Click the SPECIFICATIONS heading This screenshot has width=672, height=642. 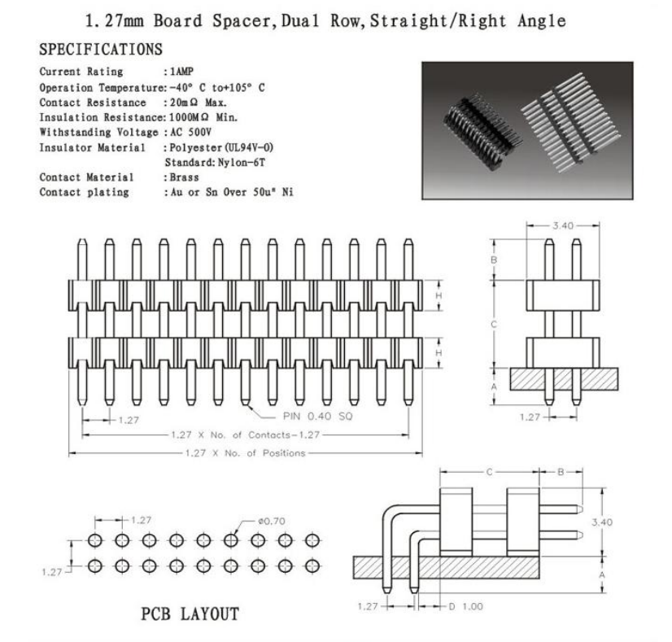click(101, 50)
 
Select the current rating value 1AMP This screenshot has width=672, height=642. click(181, 72)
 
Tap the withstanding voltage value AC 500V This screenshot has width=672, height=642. click(190, 132)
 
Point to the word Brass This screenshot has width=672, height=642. click(185, 177)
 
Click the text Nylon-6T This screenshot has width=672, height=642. click(242, 163)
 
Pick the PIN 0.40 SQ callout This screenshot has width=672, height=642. click(317, 416)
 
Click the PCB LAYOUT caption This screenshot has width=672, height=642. click(190, 614)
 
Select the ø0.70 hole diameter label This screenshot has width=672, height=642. click(271, 521)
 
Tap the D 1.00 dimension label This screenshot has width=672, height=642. click(465, 606)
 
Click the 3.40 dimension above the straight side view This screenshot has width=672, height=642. click(562, 225)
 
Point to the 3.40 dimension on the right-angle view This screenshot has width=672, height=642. click(602, 522)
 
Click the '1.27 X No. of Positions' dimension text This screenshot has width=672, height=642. click(245, 453)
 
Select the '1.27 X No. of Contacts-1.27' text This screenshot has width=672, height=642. click(246, 435)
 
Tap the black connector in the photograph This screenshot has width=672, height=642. click(482, 132)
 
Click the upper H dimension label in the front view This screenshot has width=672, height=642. click(439, 295)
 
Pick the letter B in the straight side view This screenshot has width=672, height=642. click(494, 260)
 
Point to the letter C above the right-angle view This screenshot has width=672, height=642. click(490, 472)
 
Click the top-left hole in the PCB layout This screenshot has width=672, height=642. click(95, 540)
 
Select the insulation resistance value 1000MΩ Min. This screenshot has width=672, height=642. click(203, 117)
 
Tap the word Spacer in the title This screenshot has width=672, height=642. click(242, 21)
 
